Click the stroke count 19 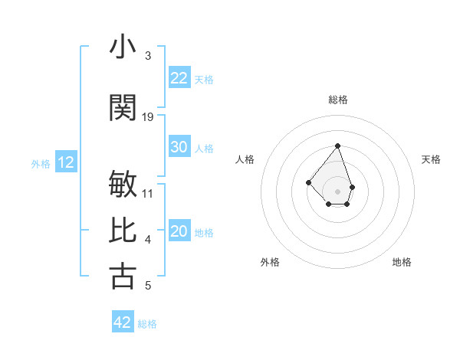148,117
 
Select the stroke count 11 148,194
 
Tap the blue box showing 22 179,78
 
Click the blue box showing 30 179,147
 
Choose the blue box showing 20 179,231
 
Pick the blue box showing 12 66,162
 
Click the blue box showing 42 123,322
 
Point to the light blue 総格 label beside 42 147,324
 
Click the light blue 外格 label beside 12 40,163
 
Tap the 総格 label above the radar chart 338,100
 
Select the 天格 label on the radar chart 431,159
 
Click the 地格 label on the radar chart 402,262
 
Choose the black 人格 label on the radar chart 245,159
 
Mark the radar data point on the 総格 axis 337,146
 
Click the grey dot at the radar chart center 337,191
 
